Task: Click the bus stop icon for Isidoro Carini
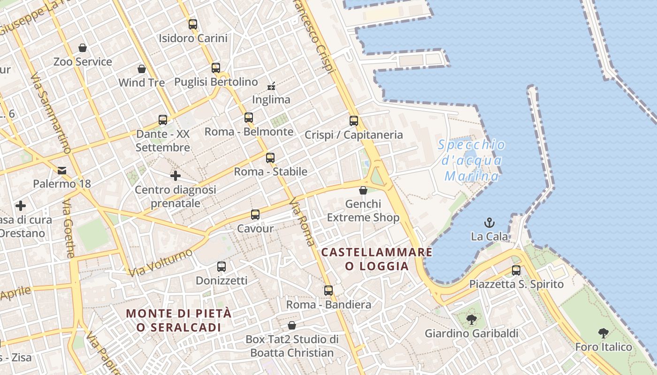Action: [x=193, y=24]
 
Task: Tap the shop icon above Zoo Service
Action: [x=83, y=48]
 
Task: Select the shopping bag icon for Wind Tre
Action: [x=142, y=69]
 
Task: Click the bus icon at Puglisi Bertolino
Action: [x=216, y=68]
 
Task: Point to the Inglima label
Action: [x=271, y=100]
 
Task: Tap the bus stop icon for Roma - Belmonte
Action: [x=249, y=118]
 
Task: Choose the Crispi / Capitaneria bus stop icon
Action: [x=354, y=121]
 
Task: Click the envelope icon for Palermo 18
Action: [x=62, y=170]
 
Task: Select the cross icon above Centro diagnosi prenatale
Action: [x=176, y=176]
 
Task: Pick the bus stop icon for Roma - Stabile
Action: [x=270, y=158]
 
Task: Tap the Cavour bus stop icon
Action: [x=255, y=215]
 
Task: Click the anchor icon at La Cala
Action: [x=489, y=223]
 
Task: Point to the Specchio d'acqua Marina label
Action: [x=472, y=160]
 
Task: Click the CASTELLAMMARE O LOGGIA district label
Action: [x=377, y=259]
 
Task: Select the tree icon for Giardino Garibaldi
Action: [x=472, y=320]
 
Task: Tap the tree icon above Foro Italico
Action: [x=604, y=333]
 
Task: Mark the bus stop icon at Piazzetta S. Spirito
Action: [x=516, y=270]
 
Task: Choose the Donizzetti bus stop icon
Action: [x=222, y=267]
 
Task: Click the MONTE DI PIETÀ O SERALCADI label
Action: [x=179, y=320]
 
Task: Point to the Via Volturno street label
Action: [x=160, y=262]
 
